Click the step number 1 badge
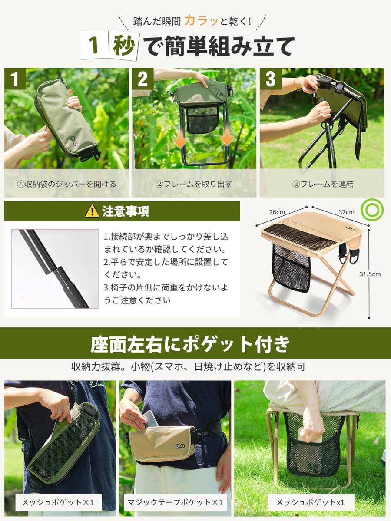(x=15, y=79)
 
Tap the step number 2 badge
(x=142, y=79)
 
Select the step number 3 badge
(x=270, y=79)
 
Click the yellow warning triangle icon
(x=92, y=211)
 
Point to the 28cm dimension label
(x=277, y=212)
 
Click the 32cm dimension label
(x=346, y=212)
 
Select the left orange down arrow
(x=181, y=142)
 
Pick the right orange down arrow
(x=227, y=140)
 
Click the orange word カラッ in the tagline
(x=201, y=21)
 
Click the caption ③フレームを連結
(x=323, y=184)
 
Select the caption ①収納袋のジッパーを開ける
(x=66, y=184)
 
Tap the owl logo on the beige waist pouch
(x=181, y=447)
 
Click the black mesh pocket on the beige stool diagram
(x=292, y=268)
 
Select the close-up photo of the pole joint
(x=55, y=269)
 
